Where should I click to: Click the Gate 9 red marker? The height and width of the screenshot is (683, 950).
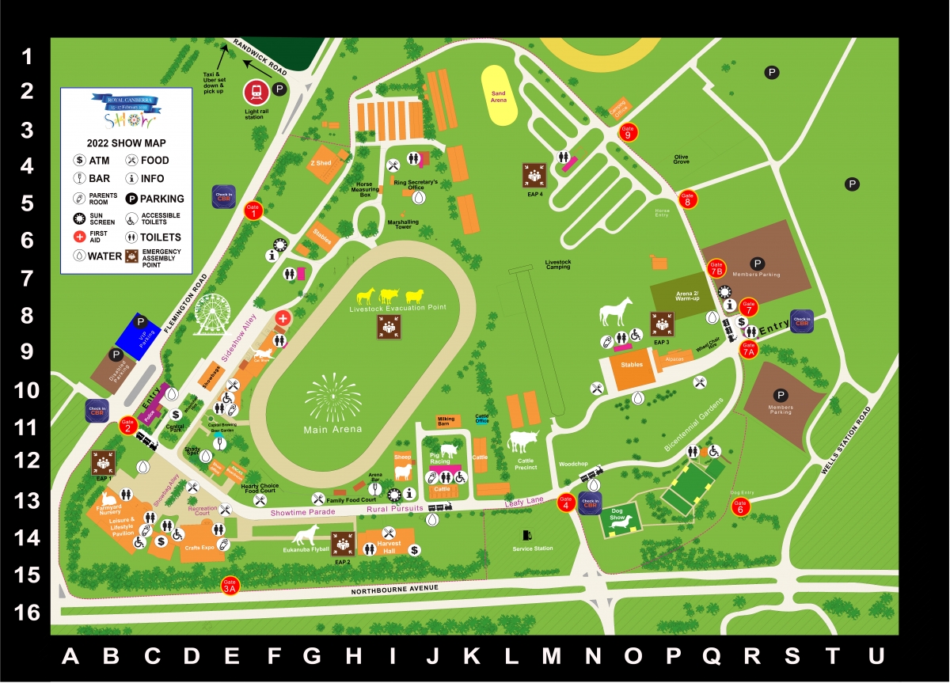tap(629, 132)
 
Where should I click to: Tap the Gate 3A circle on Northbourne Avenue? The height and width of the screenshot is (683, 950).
tap(230, 585)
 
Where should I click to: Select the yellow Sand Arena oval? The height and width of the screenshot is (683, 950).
tap(498, 97)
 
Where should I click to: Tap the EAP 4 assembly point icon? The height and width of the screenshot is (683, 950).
tap(535, 176)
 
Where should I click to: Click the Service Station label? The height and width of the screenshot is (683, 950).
tap(533, 548)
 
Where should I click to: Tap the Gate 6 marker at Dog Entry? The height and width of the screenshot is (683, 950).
tap(740, 508)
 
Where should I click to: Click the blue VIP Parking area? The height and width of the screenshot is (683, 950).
tap(139, 336)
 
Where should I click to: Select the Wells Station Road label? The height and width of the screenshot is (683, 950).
tap(846, 441)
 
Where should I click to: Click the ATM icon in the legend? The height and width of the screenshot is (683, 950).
tap(79, 161)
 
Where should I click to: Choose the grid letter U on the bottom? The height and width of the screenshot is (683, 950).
tap(875, 656)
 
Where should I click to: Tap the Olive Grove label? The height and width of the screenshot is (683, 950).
tap(682, 159)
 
